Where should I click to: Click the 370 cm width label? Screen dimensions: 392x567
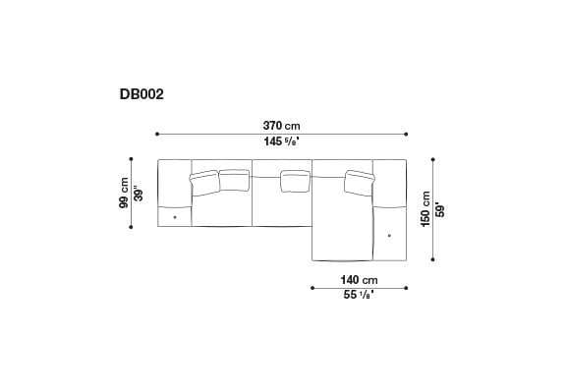coord(281,126)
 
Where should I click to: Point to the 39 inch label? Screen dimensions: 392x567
coord(140,193)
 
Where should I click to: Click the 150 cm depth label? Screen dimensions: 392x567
coord(425,208)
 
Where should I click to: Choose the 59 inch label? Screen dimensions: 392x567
coord(439,208)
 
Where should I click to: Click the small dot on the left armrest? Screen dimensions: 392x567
coord(175,215)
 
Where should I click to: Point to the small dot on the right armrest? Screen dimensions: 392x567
coord(390,236)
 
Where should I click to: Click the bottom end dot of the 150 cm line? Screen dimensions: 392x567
coord(432,259)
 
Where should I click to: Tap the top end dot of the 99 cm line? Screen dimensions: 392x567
coord(133,159)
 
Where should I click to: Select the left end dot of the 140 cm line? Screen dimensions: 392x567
coord(312,288)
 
